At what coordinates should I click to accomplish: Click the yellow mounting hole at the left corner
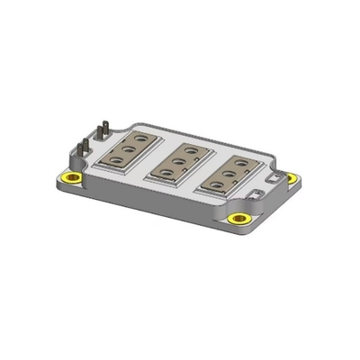(x=67, y=176)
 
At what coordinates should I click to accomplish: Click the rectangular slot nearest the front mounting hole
(x=256, y=192)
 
